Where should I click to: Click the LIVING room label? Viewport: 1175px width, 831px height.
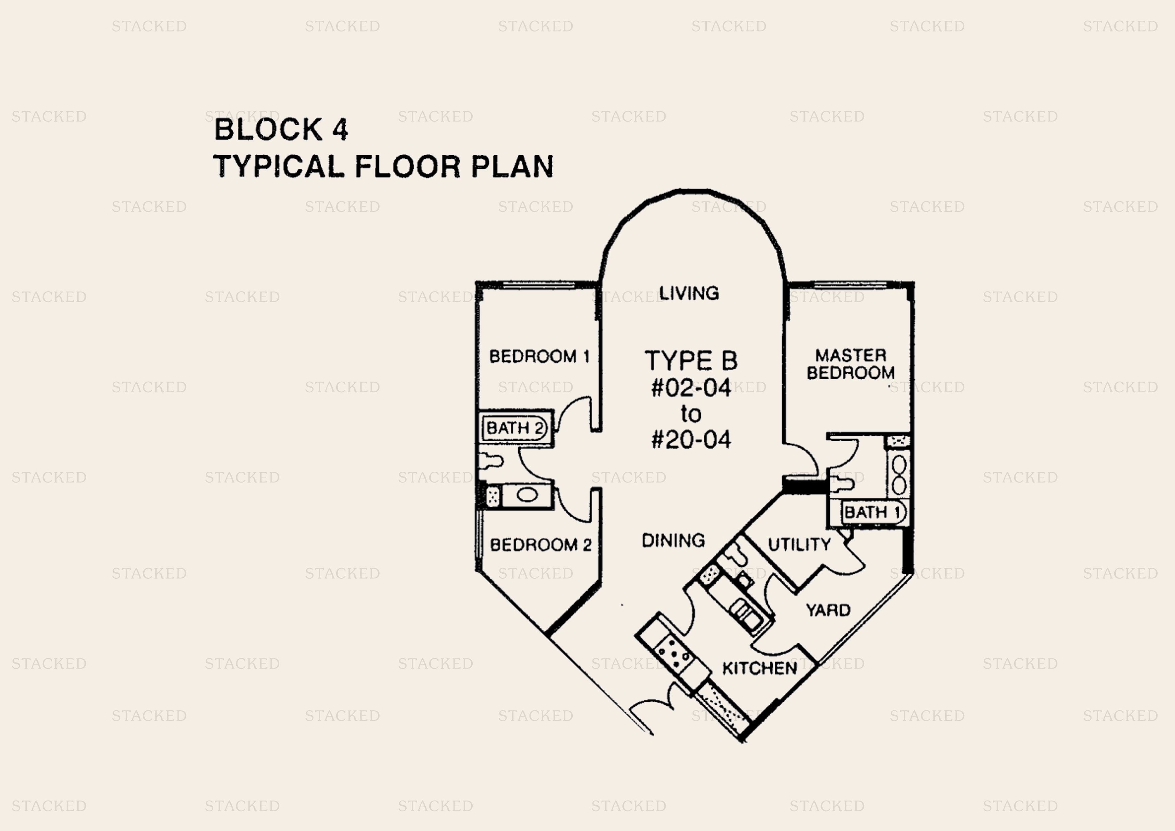click(689, 294)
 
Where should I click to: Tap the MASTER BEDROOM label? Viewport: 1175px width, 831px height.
click(850, 364)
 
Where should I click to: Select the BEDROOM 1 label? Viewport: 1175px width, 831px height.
click(539, 357)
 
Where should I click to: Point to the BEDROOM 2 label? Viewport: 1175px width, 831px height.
click(540, 545)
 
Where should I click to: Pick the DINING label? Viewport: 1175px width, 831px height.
click(673, 540)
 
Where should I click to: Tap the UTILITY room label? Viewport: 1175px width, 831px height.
click(800, 544)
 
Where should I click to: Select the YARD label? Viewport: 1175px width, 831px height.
click(828, 610)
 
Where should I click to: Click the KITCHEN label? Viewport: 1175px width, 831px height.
click(759, 668)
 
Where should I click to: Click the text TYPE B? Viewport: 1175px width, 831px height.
click(691, 361)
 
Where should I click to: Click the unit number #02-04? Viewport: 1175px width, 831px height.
click(691, 388)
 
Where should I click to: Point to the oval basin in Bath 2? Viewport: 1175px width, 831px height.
click(527, 495)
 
